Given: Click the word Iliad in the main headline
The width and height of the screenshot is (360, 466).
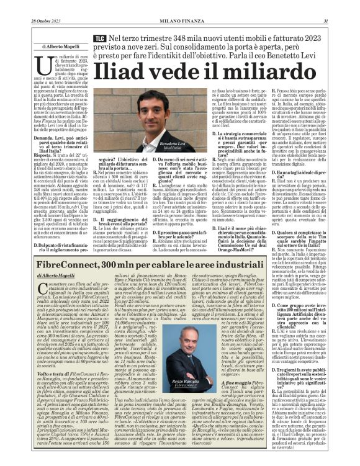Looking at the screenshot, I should (142, 67).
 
